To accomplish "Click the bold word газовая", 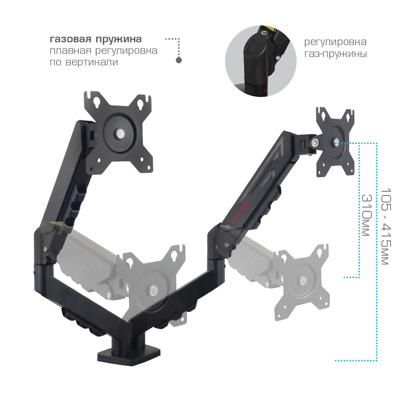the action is pos(71,39).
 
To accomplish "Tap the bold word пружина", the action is pos(119,40).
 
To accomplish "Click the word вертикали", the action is pos(92,62).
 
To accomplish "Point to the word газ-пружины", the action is pos(336,54).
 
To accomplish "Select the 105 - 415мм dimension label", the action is pos(386,226).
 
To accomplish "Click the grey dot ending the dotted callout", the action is pos(179,60).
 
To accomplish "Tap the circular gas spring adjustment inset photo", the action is pos(261,61).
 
